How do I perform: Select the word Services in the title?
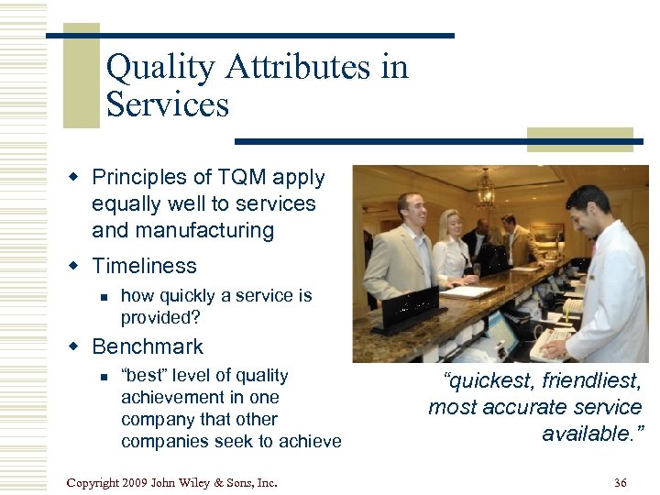(167, 104)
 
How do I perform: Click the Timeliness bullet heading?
(144, 266)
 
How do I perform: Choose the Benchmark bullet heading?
(148, 346)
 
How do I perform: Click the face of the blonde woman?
(452, 224)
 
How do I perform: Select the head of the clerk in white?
(588, 211)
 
